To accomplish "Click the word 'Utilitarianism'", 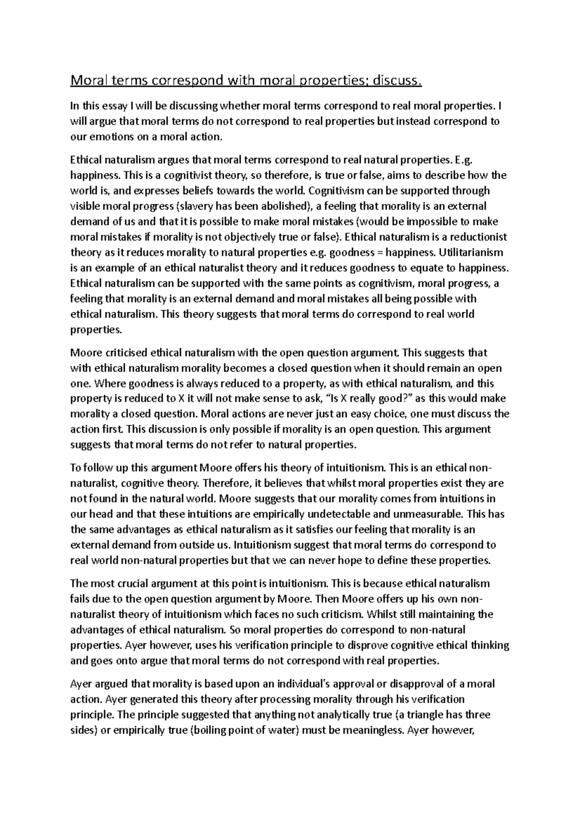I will coord(471,253).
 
